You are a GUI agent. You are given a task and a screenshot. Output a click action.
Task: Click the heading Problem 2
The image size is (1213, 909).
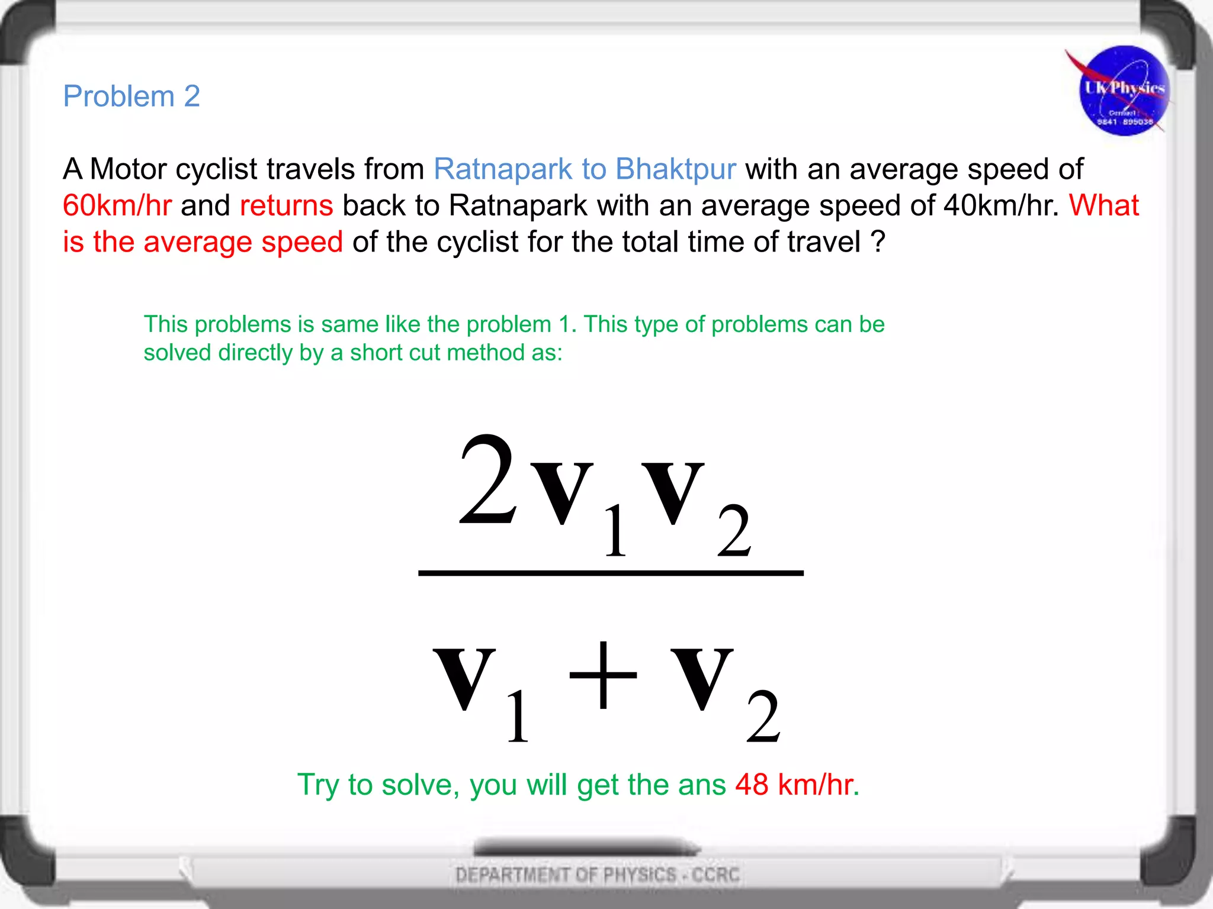tap(131, 96)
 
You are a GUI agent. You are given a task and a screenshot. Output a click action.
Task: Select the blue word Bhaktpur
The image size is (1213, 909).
tap(675, 169)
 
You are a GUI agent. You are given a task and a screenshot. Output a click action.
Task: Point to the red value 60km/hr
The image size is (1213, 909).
tap(117, 206)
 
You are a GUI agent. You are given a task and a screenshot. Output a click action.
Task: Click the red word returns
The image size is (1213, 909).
tap(287, 206)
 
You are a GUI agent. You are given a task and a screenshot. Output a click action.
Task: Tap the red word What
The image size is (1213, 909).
tap(1104, 206)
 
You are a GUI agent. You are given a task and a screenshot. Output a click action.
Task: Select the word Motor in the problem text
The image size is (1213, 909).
tap(128, 169)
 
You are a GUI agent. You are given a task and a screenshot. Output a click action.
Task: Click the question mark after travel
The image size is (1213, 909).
tap(878, 242)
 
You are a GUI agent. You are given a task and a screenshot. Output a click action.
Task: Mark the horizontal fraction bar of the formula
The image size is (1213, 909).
tap(611, 573)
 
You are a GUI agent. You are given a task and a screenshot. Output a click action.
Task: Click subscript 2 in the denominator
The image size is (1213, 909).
tap(763, 717)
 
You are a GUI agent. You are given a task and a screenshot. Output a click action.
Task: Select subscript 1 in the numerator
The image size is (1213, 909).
tap(615, 531)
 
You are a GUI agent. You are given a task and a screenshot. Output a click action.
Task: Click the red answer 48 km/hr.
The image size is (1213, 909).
tap(797, 785)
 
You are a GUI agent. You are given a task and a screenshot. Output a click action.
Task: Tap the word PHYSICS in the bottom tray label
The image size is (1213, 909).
tap(640, 875)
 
